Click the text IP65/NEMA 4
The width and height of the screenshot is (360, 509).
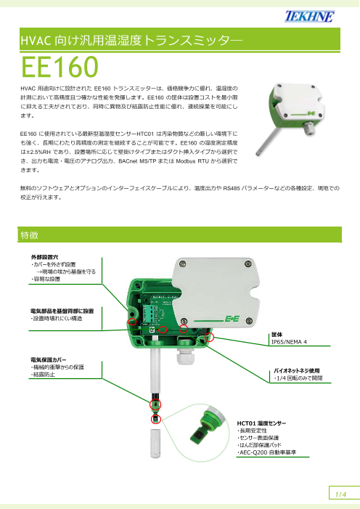coord(289,341)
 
